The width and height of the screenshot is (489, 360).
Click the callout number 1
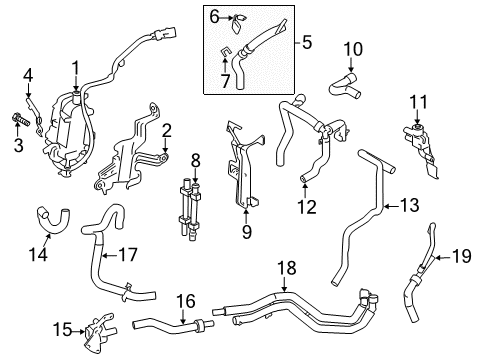[76, 68]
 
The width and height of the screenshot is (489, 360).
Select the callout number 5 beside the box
[306, 42]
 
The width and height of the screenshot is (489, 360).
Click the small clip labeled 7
[225, 51]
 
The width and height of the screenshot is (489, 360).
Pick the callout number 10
[353, 49]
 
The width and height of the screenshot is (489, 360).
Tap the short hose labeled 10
[345, 86]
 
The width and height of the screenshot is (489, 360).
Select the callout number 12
[307, 207]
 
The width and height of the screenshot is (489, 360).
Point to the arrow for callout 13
[392, 206]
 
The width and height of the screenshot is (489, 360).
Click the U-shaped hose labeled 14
[53, 219]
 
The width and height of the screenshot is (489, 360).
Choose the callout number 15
[63, 330]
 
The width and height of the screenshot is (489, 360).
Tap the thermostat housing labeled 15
[101, 331]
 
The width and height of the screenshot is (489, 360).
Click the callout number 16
[186, 301]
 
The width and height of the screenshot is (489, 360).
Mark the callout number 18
[287, 268]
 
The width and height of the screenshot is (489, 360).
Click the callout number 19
[462, 256]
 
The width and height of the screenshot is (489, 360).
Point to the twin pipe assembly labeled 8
[189, 209]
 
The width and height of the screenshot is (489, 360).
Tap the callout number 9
[247, 232]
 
